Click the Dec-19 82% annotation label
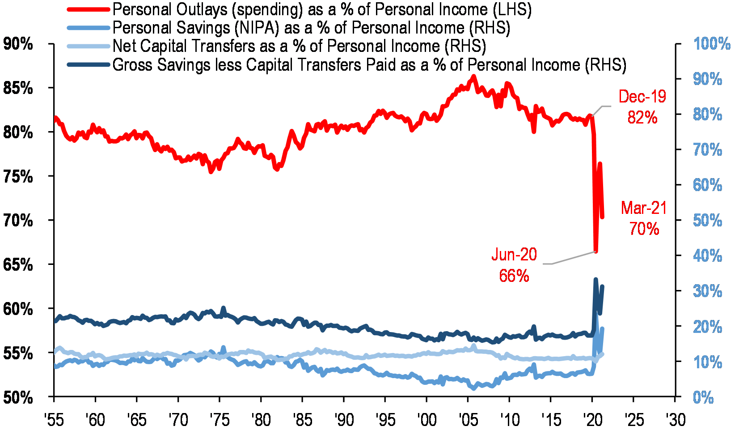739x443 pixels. [642, 107]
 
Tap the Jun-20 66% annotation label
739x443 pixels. [514, 265]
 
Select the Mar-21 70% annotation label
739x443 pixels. [644, 218]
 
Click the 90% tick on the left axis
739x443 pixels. [18, 44]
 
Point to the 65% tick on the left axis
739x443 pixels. [18, 265]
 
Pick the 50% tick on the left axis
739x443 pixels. [18, 397]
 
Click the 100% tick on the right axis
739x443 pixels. [712, 44]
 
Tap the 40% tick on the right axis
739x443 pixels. [708, 256]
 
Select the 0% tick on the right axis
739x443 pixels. [703, 397]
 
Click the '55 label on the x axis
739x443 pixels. [54, 420]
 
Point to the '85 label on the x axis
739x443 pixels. [302, 420]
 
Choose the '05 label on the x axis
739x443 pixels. [468, 420]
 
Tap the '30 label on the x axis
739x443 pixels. [675, 420]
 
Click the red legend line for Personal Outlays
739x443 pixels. [88, 9]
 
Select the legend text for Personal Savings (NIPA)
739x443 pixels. [311, 28]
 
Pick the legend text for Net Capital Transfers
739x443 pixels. [299, 46]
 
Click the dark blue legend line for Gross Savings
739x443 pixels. [88, 65]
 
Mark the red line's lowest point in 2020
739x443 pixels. [595, 251]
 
